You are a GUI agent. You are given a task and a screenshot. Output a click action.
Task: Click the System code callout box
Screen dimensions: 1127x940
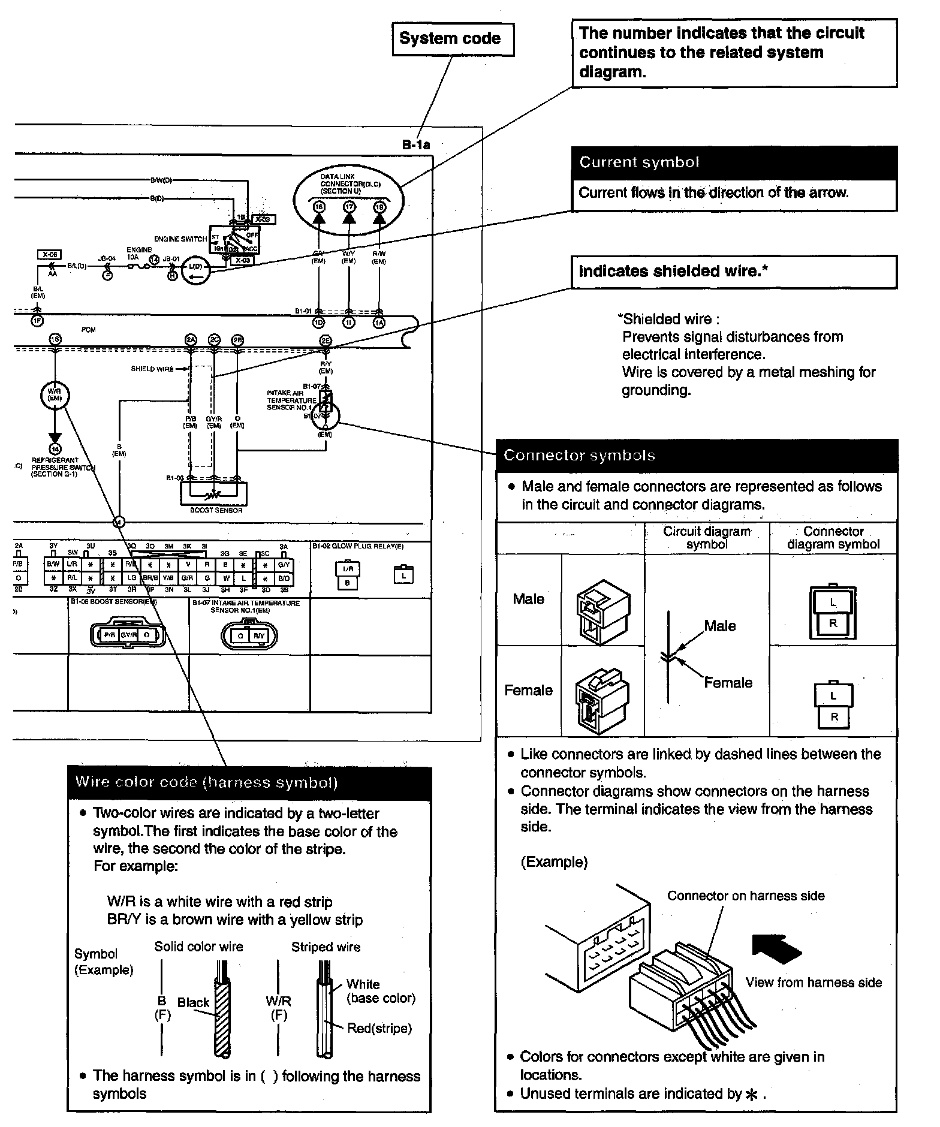(x=453, y=39)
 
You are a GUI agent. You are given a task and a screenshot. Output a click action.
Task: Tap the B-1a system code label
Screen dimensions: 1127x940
(x=416, y=144)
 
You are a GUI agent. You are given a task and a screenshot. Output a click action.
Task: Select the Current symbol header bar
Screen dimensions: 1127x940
(x=734, y=162)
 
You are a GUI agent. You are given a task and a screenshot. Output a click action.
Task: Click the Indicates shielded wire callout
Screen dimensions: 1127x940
(x=734, y=272)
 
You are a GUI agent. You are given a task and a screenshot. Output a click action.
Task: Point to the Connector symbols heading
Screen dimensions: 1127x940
(x=580, y=456)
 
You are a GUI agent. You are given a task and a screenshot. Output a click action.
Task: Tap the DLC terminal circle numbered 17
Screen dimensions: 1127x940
(x=349, y=207)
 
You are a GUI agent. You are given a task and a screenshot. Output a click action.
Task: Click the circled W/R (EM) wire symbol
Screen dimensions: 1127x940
(x=55, y=395)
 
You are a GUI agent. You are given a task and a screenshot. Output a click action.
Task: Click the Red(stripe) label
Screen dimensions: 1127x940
(x=379, y=1028)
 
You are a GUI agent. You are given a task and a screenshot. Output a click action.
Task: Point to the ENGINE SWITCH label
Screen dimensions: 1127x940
(x=180, y=239)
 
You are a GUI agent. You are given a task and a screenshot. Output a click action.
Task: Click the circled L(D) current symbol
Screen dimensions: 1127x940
(x=195, y=266)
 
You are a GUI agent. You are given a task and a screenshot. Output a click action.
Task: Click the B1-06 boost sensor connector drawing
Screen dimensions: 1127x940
(x=127, y=635)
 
